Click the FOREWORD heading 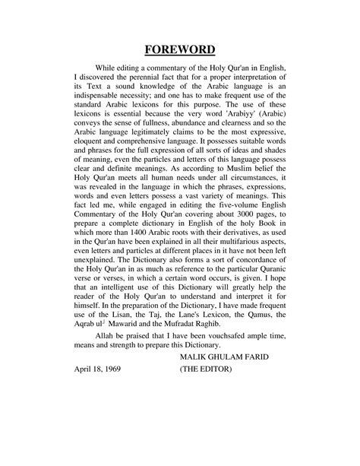(180, 50)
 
